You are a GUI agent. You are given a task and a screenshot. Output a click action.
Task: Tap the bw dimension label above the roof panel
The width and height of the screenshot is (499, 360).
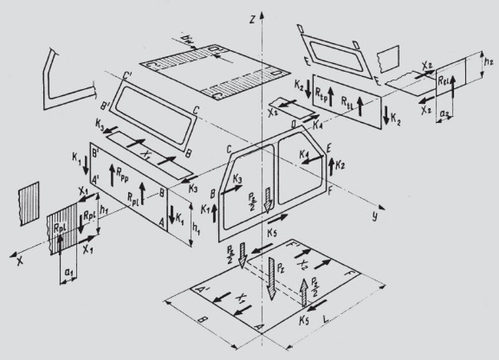(189, 38)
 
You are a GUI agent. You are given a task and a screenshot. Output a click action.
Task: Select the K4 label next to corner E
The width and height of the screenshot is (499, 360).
(302, 157)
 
